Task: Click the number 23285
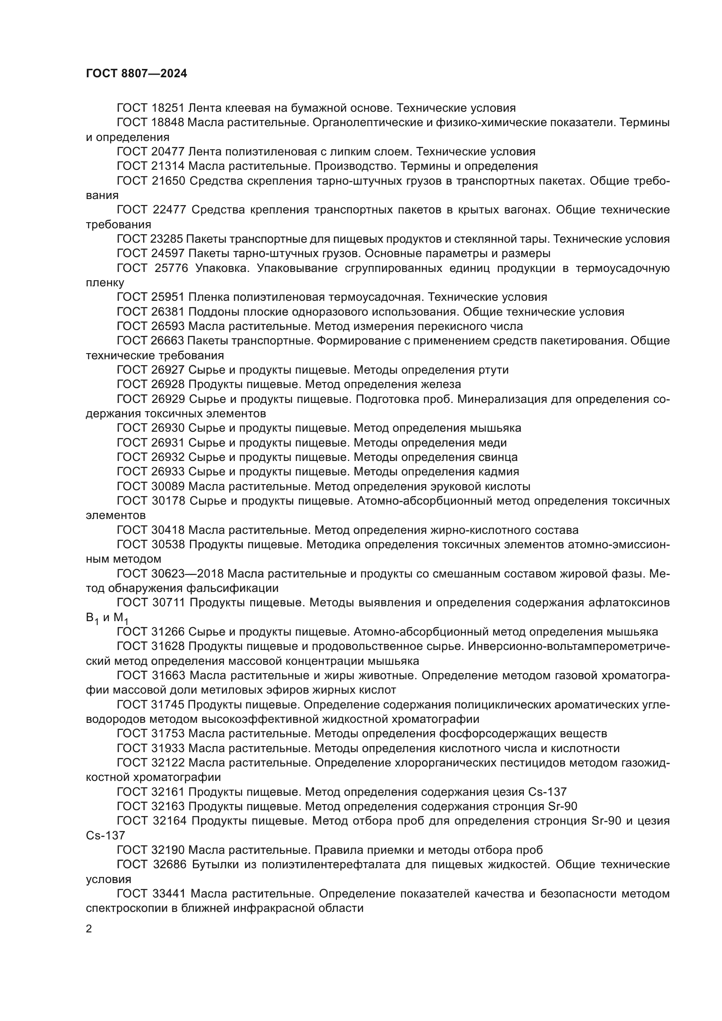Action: (x=167, y=239)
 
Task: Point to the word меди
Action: (x=492, y=443)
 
